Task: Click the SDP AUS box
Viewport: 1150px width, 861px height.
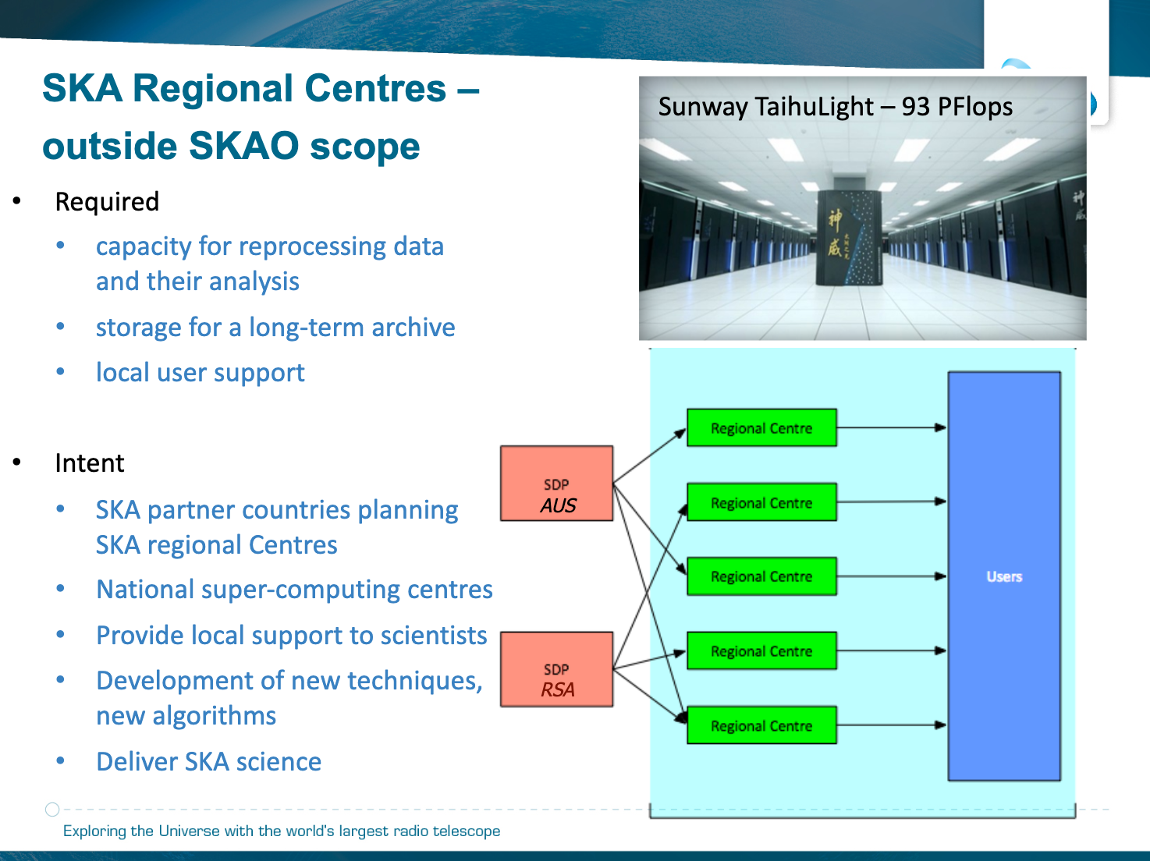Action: point(556,483)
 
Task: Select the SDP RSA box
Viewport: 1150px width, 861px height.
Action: point(556,669)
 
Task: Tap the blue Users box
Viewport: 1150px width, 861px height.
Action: point(1004,576)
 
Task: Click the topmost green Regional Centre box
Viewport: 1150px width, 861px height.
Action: point(761,427)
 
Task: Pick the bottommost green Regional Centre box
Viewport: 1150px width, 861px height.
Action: point(761,725)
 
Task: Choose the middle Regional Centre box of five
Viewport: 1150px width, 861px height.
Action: point(761,576)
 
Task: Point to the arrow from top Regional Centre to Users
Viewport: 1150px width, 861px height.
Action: point(892,427)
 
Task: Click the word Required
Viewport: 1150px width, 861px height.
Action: point(107,202)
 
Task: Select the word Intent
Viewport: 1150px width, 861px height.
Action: point(90,463)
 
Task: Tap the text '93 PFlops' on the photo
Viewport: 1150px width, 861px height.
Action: point(957,107)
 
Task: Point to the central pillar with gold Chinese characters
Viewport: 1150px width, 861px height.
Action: point(849,239)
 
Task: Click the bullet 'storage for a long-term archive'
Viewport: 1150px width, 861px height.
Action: point(275,328)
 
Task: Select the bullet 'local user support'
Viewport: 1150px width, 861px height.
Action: point(201,373)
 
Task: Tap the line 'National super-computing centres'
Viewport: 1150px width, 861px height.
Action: point(294,590)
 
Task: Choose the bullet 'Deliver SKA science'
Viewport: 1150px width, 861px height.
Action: point(208,761)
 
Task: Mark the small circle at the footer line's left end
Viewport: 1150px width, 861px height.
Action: point(52,810)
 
